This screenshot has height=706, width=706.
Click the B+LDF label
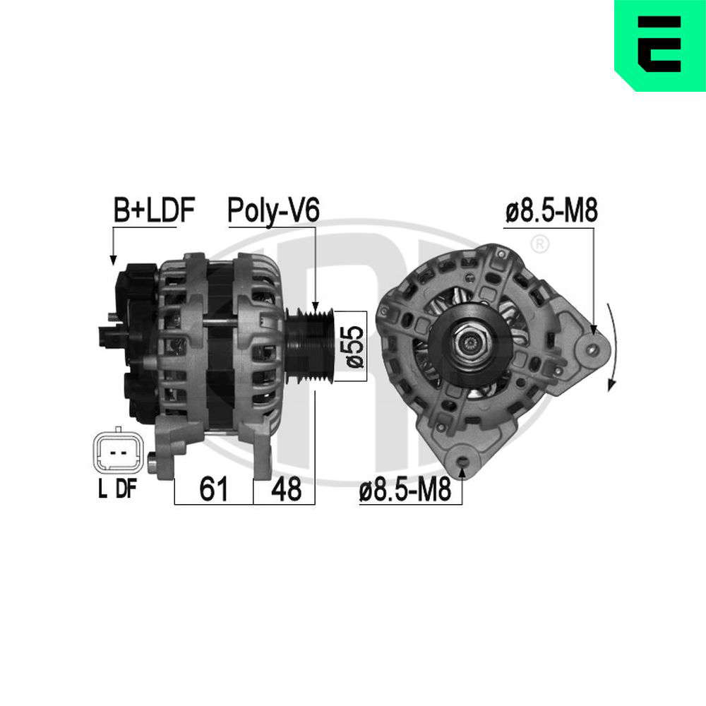pyautogui.click(x=153, y=210)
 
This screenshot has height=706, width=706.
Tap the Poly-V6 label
pyautogui.click(x=273, y=210)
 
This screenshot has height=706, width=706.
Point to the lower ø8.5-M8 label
pyautogui.click(x=405, y=489)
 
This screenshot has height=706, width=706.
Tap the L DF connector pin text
pyautogui.click(x=116, y=489)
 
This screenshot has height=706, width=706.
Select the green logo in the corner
pyautogui.click(x=659, y=45)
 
